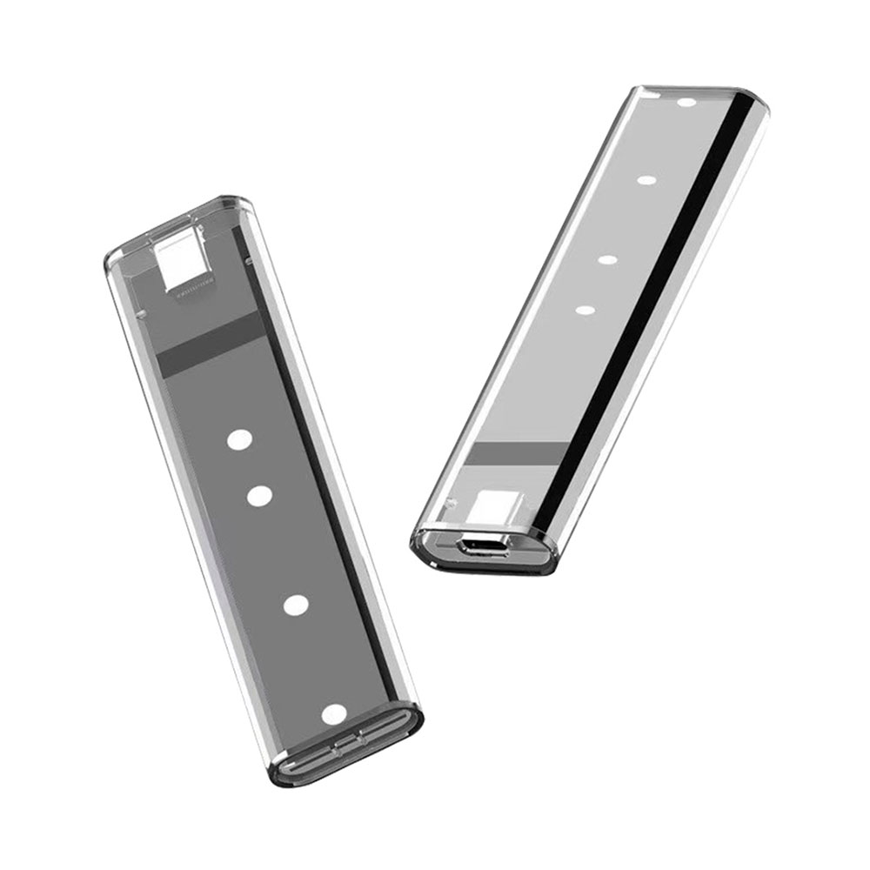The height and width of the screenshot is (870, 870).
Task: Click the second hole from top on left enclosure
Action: pos(259,496)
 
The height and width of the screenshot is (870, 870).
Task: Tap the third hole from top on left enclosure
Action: pos(297,605)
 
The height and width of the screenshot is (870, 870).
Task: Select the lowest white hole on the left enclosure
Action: pos(333,714)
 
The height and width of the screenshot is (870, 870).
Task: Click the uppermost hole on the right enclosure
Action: pos(687,103)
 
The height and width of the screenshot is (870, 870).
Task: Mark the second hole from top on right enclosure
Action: pos(646,181)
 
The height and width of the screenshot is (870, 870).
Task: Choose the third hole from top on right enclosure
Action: pos(607,259)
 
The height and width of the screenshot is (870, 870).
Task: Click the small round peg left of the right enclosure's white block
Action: pos(452,502)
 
